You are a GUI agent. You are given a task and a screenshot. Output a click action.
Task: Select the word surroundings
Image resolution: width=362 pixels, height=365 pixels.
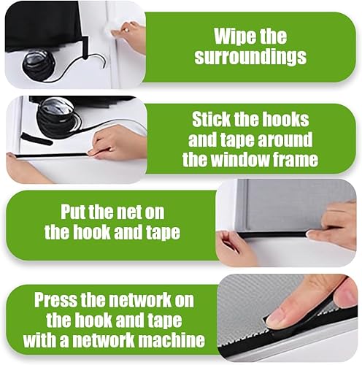click(x=250, y=56)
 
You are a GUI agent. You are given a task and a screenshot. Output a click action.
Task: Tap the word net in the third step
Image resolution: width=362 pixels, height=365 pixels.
click(x=129, y=212)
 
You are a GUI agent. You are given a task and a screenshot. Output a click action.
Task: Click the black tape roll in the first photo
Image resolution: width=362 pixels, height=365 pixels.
click(x=39, y=64)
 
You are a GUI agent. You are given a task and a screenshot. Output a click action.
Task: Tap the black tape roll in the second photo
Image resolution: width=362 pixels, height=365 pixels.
click(x=58, y=115)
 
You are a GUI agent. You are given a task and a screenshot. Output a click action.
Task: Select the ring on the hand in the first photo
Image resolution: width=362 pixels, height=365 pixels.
click(x=126, y=30)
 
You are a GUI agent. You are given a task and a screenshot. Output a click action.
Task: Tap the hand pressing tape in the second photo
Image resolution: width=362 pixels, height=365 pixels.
click(x=115, y=143)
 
